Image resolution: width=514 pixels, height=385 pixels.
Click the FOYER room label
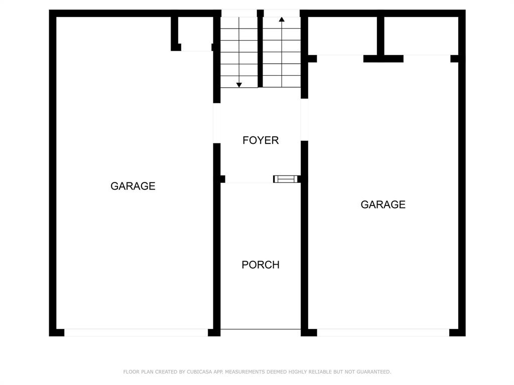pos(261,140)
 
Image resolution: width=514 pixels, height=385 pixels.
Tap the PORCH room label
pos(261,265)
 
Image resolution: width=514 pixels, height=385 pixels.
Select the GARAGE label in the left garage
pos(133,186)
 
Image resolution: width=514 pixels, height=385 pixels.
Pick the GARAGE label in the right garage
pos(383,205)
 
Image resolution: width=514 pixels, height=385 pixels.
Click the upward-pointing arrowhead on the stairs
pos(282,20)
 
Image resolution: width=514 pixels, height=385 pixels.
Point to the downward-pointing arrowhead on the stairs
pos(239,85)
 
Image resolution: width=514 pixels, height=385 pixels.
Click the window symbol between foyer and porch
pos(286,179)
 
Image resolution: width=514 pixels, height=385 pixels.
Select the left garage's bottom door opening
pos(136,332)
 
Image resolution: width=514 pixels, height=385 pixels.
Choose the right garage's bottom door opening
pos(383,332)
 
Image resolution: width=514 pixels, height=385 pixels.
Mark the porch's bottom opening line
pos(261,330)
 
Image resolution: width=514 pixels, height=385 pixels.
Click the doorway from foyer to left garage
pos(217,123)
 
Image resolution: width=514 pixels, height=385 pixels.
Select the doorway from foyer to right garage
pos(304,119)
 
